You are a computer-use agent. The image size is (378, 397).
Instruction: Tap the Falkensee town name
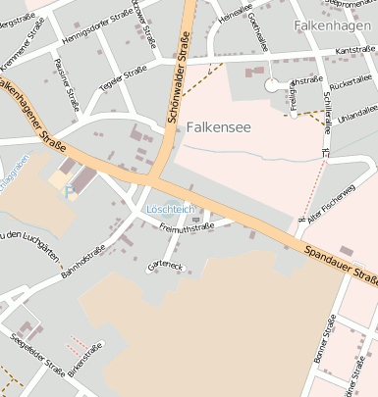point(219,126)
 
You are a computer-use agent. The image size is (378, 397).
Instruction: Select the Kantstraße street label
point(355,48)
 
